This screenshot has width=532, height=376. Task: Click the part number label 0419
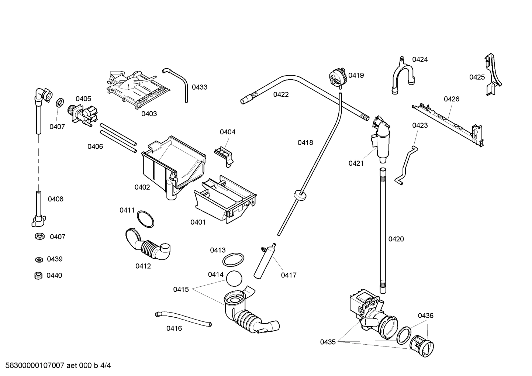coord(356,75)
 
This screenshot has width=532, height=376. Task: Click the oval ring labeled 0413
coord(233,259)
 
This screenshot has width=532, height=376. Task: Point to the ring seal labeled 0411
coord(145,219)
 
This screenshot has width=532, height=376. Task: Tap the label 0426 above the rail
coord(451,99)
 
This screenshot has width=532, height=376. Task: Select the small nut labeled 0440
coord(37,275)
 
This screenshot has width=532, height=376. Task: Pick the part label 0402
coord(142,187)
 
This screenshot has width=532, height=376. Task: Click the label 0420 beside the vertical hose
coord(396,239)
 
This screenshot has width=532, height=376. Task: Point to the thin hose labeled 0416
coord(183,318)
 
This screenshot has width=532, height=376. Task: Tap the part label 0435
coord(328,342)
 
